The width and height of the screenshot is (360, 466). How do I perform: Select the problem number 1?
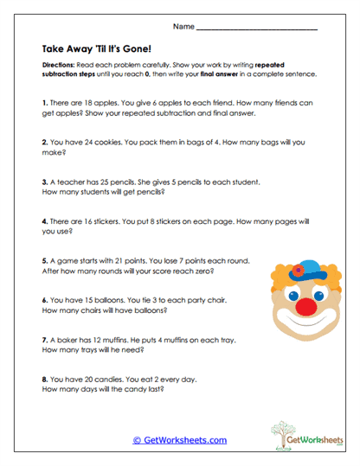click(x=43, y=102)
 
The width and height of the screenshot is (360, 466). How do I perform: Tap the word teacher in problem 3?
click(x=67, y=182)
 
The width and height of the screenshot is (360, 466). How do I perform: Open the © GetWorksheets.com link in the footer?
click(x=179, y=440)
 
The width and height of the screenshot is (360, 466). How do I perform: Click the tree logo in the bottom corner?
click(x=292, y=433)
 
